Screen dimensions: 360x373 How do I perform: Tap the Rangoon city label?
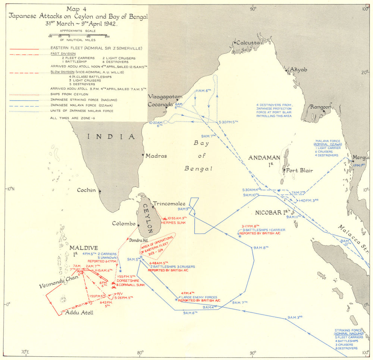[321, 107]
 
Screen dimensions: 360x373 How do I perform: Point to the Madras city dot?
[143, 155]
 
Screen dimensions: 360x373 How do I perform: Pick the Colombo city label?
[123, 224]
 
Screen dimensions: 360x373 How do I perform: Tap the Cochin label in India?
[86, 190]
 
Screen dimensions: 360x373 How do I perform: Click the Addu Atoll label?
[79, 312]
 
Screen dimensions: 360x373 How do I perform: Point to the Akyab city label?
[298, 69]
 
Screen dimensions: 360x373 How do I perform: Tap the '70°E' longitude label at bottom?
[26, 351]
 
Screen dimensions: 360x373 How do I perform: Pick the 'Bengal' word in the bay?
[198, 168]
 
